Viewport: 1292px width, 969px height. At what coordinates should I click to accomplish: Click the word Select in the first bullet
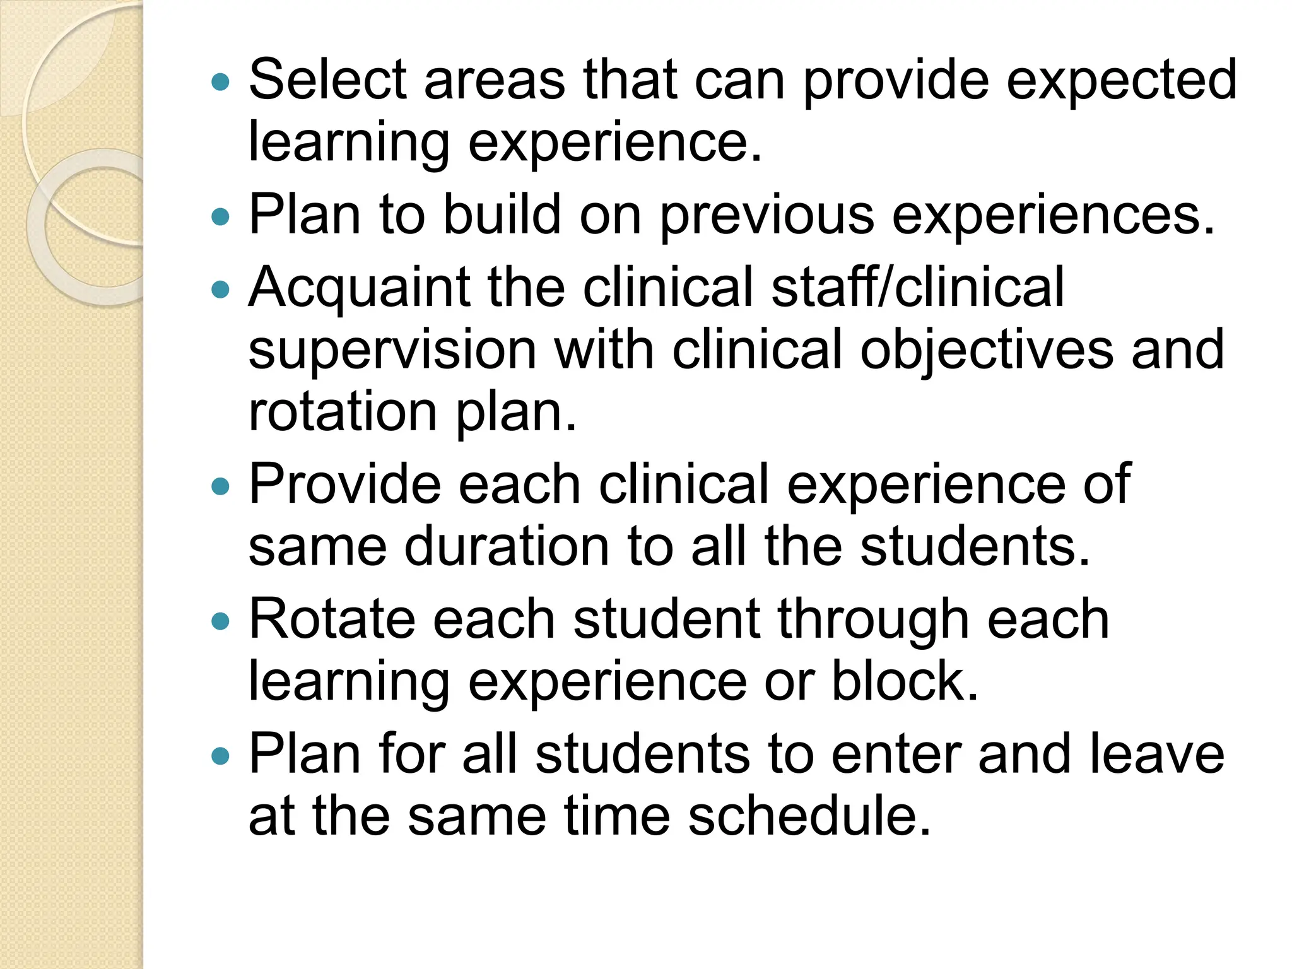click(x=327, y=79)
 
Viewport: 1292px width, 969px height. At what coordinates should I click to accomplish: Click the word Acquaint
click(x=359, y=288)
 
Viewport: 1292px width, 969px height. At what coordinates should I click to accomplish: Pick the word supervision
click(x=392, y=351)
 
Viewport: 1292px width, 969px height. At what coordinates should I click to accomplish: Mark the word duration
click(x=507, y=546)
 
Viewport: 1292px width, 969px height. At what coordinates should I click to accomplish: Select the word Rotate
click(x=332, y=620)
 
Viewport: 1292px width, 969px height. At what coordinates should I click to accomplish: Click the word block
click(x=904, y=681)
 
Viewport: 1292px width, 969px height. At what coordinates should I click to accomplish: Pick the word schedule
click(x=809, y=816)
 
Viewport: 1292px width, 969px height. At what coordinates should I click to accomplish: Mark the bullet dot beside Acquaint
click(x=220, y=290)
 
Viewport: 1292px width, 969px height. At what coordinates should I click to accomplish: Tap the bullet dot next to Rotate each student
click(x=220, y=621)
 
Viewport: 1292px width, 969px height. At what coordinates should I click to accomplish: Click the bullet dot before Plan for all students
click(x=220, y=756)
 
